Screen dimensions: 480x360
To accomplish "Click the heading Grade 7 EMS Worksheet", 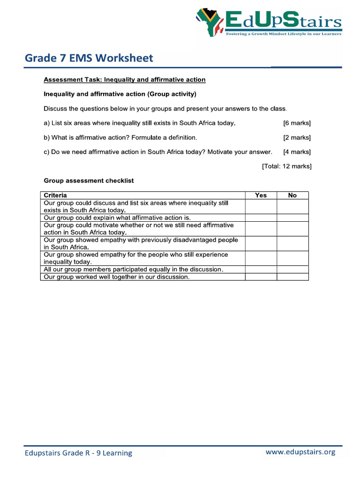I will tap(89, 58).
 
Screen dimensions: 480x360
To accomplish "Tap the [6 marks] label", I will tap(297, 123).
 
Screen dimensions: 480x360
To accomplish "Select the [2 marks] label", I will tap(297, 138).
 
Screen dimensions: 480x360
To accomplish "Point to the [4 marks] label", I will tap(297, 152).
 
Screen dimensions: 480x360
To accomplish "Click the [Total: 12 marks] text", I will tap(286, 166).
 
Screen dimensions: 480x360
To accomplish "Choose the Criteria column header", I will tap(55, 195).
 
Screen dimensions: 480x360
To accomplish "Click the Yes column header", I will tap(261, 195).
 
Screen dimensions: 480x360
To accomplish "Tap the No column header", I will tap(292, 195).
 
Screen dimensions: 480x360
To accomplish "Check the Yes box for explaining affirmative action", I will tap(261, 218).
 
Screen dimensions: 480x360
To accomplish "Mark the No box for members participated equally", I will tap(292, 270).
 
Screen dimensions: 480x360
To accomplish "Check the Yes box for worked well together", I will tap(261, 277).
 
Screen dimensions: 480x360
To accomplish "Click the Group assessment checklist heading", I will tap(89, 180).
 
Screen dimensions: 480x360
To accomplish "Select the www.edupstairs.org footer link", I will tap(300, 452).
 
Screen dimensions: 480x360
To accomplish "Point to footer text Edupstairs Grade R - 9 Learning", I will tap(78, 453).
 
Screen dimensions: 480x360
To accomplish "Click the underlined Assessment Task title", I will tap(124, 80).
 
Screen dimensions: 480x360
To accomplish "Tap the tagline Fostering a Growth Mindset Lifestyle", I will tap(284, 34).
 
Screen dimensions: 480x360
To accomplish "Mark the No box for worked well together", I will tap(292, 277).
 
